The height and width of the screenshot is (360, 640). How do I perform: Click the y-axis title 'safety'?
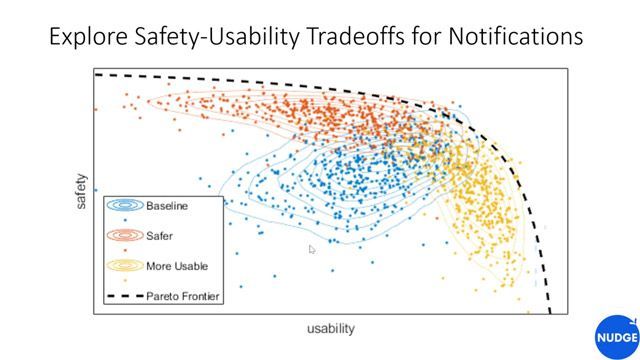[x=81, y=192]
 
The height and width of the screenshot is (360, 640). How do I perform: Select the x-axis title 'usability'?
[x=330, y=328]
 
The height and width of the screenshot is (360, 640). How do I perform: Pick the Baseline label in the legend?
[x=167, y=206]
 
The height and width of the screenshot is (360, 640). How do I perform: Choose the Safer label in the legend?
[x=160, y=236]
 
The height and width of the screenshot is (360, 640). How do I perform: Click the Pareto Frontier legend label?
[x=183, y=296]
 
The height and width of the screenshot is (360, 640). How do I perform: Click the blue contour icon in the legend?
[x=124, y=206]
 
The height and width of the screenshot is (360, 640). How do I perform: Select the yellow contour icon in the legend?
[x=124, y=266]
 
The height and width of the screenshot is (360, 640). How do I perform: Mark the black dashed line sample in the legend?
[x=124, y=296]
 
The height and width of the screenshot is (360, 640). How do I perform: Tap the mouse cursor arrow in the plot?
[x=312, y=249]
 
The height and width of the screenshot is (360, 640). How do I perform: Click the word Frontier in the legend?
[x=200, y=296]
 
